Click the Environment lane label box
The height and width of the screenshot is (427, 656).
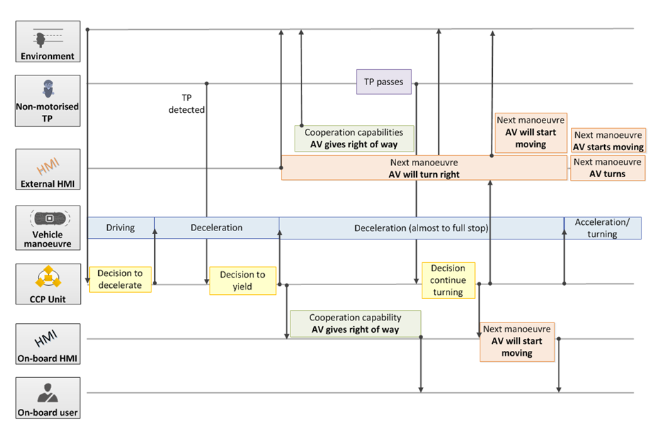tap(48, 42)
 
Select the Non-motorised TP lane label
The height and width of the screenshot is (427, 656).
tap(48, 100)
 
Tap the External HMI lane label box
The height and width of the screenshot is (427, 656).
tap(48, 170)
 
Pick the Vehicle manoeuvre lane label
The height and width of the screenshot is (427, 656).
tap(48, 228)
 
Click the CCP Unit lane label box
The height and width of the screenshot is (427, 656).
tap(48, 284)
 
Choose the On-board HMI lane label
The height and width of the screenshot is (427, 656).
tap(48, 344)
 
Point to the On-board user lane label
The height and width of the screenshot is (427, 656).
tap(48, 398)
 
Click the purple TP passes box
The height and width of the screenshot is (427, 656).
tap(384, 82)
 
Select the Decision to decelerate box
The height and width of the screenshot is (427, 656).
tap(120, 280)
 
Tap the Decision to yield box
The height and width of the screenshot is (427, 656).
tap(243, 281)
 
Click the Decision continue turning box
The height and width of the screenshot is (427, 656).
tap(448, 280)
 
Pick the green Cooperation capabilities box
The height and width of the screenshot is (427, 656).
tap(354, 138)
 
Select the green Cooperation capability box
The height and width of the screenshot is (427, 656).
tap(355, 323)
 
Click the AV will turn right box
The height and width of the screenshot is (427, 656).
tap(424, 168)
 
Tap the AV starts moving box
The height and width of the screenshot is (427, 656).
tap(608, 140)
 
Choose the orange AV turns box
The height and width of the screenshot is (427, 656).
tap(608, 168)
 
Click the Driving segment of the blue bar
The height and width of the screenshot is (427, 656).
tap(121, 228)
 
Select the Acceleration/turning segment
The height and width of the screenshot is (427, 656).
tap(603, 228)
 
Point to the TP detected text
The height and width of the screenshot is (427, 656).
tap(187, 104)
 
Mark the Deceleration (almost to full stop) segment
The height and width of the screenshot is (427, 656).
tap(421, 228)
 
